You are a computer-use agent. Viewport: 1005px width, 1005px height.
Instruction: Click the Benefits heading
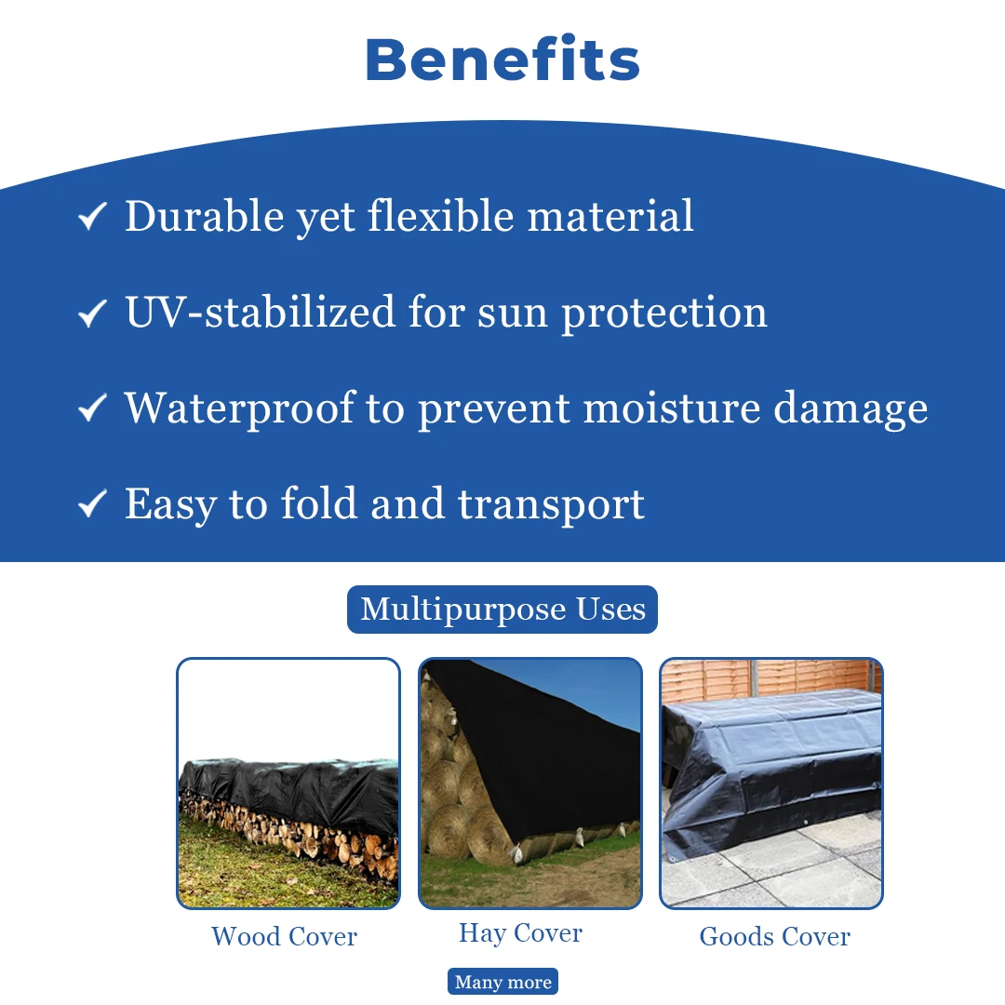pyautogui.click(x=502, y=60)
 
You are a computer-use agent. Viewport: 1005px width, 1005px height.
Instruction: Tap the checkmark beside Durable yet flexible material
pyautogui.click(x=92, y=216)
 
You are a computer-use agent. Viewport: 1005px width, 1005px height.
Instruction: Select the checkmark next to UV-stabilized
pyautogui.click(x=92, y=313)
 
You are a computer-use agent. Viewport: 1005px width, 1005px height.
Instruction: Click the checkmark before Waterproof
pyautogui.click(x=92, y=409)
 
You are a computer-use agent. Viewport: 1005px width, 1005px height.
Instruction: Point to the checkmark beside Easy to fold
pyautogui.click(x=92, y=503)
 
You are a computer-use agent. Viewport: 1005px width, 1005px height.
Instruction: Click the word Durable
pyautogui.click(x=205, y=216)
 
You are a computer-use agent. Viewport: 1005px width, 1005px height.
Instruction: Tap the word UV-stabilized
pyautogui.click(x=261, y=312)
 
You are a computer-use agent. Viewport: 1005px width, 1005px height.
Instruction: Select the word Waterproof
pyautogui.click(x=240, y=409)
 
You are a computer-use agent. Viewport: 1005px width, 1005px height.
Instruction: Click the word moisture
pyautogui.click(x=672, y=409)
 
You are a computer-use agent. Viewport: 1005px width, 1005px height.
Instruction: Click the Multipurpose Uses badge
pyautogui.click(x=502, y=609)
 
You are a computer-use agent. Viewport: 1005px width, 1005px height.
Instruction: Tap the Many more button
pyautogui.click(x=503, y=982)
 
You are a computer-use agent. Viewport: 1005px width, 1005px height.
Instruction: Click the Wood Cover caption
pyautogui.click(x=284, y=936)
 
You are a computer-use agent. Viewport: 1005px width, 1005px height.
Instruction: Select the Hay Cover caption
pyautogui.click(x=520, y=934)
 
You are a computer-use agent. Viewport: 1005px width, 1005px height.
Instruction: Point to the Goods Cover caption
pyautogui.click(x=775, y=936)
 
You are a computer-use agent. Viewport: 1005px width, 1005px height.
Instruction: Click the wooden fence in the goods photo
pyautogui.click(x=770, y=679)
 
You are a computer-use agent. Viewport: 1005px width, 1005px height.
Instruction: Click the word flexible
pyautogui.click(x=441, y=216)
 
